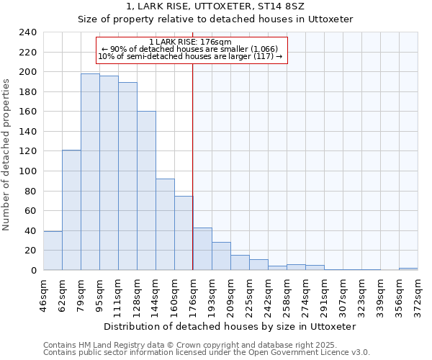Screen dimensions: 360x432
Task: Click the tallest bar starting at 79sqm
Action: pos(90,172)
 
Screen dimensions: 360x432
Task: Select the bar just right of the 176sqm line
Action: pos(202,249)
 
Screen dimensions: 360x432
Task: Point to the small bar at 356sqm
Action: pos(408,269)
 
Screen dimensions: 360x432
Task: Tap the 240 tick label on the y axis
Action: pos(28,32)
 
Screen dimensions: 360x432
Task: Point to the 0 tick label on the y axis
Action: pos(34,271)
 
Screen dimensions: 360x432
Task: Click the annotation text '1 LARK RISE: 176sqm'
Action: pos(191,42)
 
